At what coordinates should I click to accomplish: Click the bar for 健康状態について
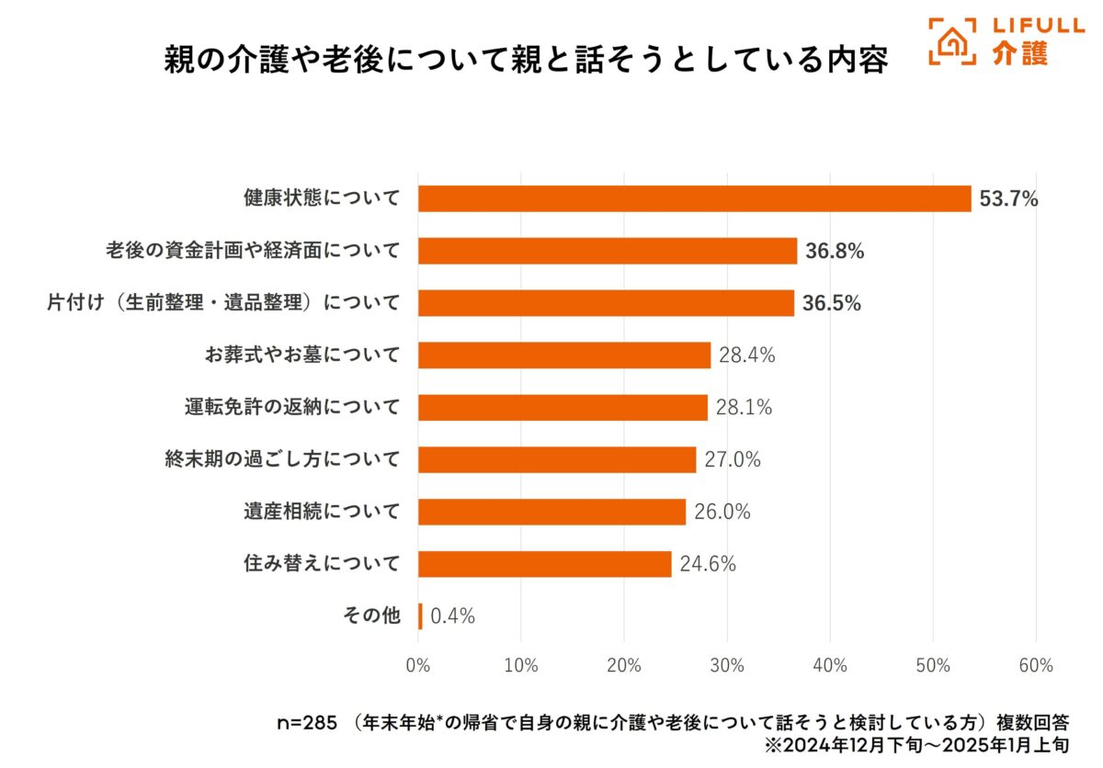tap(694, 198)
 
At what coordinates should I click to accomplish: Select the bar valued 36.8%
tap(608, 251)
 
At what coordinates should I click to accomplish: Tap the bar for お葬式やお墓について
tap(564, 355)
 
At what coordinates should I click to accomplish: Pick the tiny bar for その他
tap(420, 616)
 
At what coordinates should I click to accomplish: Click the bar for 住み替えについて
tap(545, 564)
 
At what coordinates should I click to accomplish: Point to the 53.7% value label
tap(1008, 198)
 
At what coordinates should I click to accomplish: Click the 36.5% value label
tap(832, 303)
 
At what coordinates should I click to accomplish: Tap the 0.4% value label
tap(452, 616)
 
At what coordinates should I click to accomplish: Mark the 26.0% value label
tap(722, 512)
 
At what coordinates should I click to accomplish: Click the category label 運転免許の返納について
tap(292, 407)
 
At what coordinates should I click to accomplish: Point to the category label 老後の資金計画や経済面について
tap(253, 251)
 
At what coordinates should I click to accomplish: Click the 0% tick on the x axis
tap(418, 666)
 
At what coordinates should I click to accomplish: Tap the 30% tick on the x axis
tap(727, 666)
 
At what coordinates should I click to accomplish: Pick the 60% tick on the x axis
tap(1036, 666)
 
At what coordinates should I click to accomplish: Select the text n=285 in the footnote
tap(308, 722)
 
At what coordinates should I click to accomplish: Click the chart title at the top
tap(525, 61)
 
